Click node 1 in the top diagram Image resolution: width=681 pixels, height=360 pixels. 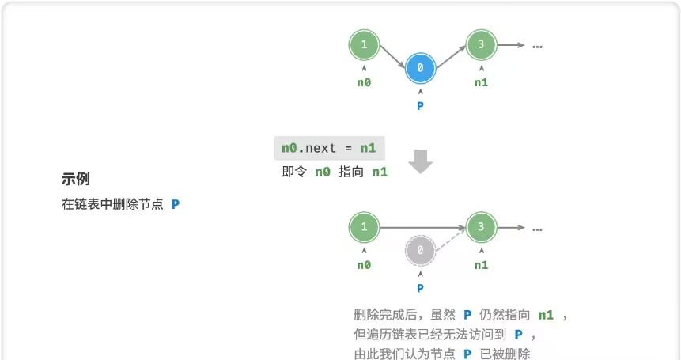click(x=364, y=45)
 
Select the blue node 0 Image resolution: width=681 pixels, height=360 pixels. click(x=420, y=69)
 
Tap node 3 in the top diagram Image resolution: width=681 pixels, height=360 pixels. click(x=481, y=45)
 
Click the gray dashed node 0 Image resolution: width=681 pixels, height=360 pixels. click(x=420, y=252)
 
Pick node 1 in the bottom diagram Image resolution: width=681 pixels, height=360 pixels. click(x=364, y=228)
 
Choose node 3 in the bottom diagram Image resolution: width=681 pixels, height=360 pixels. click(x=481, y=228)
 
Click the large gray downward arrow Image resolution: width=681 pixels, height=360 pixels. click(x=421, y=161)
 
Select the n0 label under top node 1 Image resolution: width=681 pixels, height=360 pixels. click(x=364, y=82)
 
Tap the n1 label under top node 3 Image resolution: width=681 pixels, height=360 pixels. click(x=481, y=82)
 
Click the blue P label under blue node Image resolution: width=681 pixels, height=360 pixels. click(x=420, y=106)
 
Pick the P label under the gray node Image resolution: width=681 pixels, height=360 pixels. click(x=420, y=288)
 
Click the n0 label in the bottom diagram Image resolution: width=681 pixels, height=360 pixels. click(x=364, y=265)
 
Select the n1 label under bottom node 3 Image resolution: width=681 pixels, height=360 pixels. click(x=481, y=265)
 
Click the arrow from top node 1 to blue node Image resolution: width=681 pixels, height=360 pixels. click(x=392, y=57)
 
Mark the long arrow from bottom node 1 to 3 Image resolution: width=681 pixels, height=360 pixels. click(x=422, y=228)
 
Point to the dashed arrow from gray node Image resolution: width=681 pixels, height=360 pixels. click(x=449, y=241)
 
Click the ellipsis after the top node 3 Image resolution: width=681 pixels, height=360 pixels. click(x=537, y=46)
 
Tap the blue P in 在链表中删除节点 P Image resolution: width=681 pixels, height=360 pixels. click(x=176, y=204)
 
